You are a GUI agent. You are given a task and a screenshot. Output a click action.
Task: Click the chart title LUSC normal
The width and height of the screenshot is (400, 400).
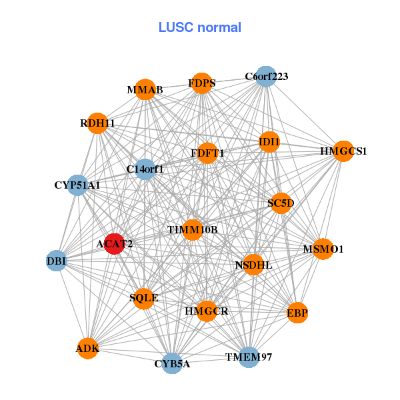200,27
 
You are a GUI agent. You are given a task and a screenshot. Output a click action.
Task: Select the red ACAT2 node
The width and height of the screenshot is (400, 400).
115,244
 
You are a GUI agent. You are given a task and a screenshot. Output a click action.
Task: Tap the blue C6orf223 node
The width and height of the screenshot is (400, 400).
265,76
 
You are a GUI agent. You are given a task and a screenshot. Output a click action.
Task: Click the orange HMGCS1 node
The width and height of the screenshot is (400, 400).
343,151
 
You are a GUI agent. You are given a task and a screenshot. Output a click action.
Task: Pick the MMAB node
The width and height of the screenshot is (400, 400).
145,89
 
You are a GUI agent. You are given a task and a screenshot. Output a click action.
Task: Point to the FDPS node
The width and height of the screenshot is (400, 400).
201,83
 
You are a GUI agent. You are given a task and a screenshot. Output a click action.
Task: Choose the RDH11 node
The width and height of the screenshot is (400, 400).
98,123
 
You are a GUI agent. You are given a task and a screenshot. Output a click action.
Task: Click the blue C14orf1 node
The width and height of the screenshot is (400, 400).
145,169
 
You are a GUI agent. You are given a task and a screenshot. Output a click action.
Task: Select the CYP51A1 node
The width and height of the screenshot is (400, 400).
78,185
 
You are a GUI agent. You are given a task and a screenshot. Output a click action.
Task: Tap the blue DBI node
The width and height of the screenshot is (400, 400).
57,261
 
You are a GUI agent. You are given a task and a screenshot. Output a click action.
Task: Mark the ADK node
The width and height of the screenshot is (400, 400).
88,348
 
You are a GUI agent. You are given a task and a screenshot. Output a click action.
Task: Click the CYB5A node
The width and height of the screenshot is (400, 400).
172,363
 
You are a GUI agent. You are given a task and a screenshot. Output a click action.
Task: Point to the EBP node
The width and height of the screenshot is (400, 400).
297,312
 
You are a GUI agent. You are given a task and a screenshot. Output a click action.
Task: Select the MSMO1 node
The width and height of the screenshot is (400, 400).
323,249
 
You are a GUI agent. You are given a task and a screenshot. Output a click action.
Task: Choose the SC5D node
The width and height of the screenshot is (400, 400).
281,203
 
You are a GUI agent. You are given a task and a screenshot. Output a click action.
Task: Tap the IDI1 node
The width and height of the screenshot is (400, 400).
269,141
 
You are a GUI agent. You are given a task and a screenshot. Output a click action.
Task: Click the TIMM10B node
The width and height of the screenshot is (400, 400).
193,230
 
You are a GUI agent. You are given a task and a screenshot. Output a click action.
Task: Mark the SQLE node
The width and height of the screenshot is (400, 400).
144,298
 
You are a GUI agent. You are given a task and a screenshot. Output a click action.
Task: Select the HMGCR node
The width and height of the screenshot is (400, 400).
207,311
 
